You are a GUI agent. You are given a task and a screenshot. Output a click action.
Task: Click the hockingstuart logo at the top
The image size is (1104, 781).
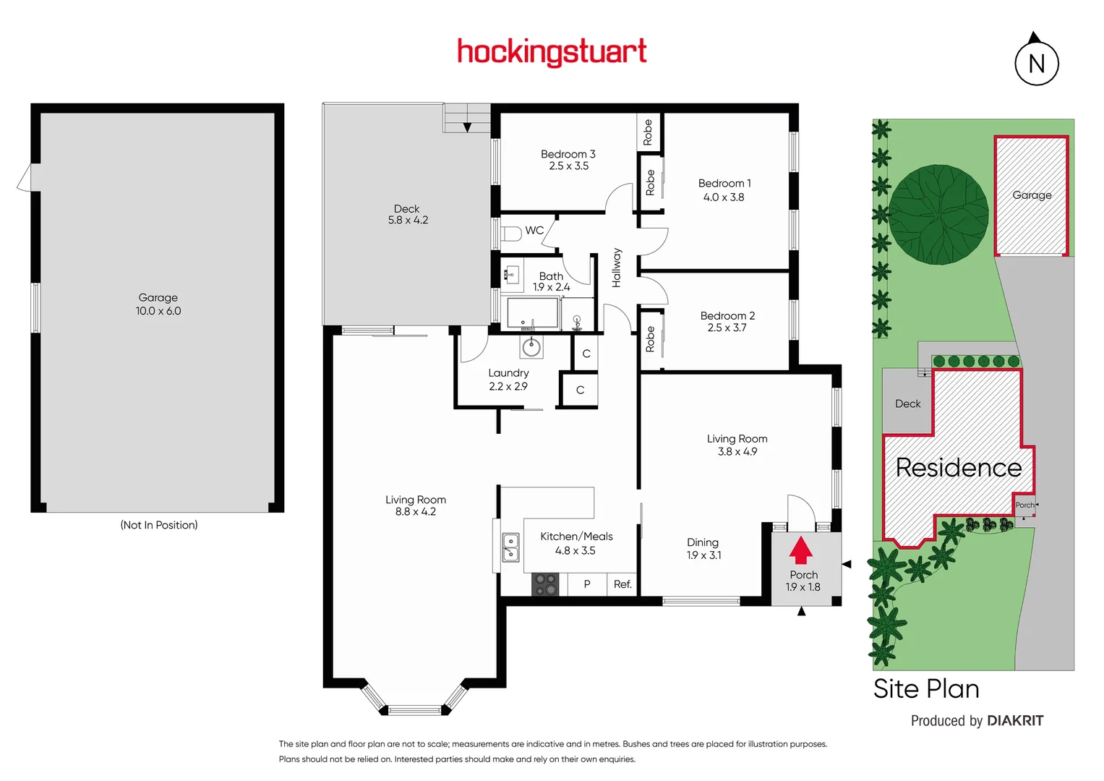pyautogui.click(x=552, y=52)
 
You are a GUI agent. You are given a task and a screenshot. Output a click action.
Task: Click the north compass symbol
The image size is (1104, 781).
pyautogui.click(x=1036, y=62)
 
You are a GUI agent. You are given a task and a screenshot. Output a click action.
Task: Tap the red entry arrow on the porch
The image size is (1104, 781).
pyautogui.click(x=800, y=550)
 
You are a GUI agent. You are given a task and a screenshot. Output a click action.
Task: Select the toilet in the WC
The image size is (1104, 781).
pyautogui.click(x=512, y=234)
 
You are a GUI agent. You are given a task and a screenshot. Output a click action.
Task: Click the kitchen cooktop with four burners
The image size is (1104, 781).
pyautogui.click(x=545, y=584)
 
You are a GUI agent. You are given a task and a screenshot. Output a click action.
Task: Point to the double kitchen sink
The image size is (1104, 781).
pyautogui.click(x=510, y=547)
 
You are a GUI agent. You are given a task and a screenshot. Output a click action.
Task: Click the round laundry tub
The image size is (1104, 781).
pyautogui.click(x=531, y=348)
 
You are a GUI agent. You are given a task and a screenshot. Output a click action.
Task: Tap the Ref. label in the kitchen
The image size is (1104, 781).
pyautogui.click(x=622, y=584)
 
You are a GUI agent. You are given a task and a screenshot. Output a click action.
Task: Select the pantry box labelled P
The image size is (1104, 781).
pyautogui.click(x=587, y=584)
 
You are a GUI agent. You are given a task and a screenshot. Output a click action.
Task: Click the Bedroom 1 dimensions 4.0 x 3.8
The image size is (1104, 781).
pyautogui.click(x=724, y=197)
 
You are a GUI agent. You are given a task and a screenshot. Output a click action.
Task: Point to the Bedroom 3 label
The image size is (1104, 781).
pyautogui.click(x=568, y=154)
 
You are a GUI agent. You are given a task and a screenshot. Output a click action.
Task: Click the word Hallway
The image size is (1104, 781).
pyautogui.click(x=617, y=268)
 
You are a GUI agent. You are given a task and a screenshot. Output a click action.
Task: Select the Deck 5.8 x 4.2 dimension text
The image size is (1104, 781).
pyautogui.click(x=408, y=221)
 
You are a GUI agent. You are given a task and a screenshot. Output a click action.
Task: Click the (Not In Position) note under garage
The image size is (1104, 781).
pyautogui.click(x=159, y=525)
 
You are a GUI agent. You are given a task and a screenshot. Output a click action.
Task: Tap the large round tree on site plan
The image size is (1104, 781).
pyautogui.click(x=938, y=215)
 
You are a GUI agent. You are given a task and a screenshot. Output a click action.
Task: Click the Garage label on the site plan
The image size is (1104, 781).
pyautogui.click(x=1032, y=195)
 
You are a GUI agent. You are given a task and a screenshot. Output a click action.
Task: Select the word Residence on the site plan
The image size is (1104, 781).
pyautogui.click(x=958, y=468)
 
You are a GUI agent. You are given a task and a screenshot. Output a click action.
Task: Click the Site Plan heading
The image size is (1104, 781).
pyautogui.click(x=926, y=689)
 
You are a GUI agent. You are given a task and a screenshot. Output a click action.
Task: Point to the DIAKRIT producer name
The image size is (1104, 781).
pyautogui.click(x=1015, y=721)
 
